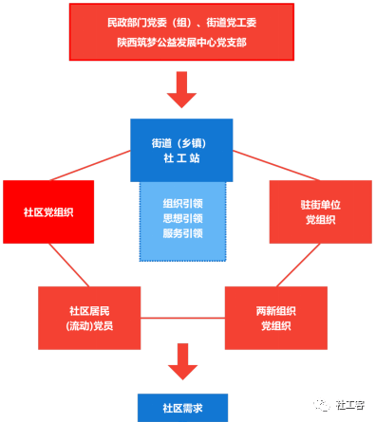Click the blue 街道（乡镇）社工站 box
[181, 149]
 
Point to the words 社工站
[181, 158]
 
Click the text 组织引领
[182, 204]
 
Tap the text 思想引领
[182, 218]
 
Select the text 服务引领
[182, 232]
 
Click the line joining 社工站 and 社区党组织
[95, 167]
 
